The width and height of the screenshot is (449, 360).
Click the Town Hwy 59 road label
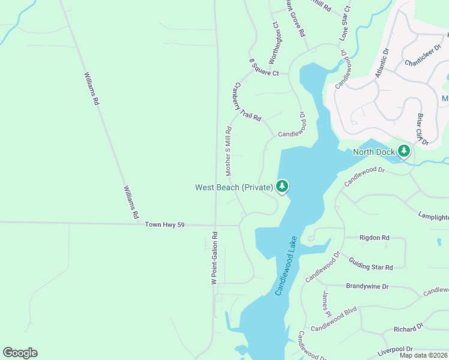point(164,224)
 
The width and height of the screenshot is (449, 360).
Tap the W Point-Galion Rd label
point(213,259)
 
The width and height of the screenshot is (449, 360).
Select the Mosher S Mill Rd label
point(228,151)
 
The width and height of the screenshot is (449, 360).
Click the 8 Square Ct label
point(265,73)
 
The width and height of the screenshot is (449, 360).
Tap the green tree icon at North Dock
point(405,151)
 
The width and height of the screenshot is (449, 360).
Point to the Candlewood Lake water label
point(287,266)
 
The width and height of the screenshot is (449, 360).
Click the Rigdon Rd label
point(374,238)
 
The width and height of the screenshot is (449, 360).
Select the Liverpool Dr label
point(393,349)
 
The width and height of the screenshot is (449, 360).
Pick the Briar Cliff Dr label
point(422,128)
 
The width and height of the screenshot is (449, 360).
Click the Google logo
point(20,353)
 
